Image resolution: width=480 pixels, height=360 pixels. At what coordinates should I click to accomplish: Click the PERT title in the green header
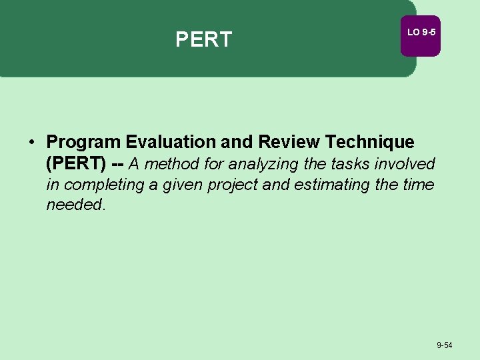203,39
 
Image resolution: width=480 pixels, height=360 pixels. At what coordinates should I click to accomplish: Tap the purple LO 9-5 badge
420,33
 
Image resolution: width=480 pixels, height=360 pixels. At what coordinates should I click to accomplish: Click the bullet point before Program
31,142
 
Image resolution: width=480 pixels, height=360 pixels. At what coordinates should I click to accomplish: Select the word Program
83,142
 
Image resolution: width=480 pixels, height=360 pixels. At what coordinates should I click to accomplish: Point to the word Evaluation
170,142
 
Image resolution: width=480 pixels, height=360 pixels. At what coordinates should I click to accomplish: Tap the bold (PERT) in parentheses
76,163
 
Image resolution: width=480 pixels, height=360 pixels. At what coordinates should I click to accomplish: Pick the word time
418,185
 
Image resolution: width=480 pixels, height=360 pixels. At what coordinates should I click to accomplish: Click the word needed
75,205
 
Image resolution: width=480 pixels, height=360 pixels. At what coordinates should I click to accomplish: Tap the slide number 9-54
444,345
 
